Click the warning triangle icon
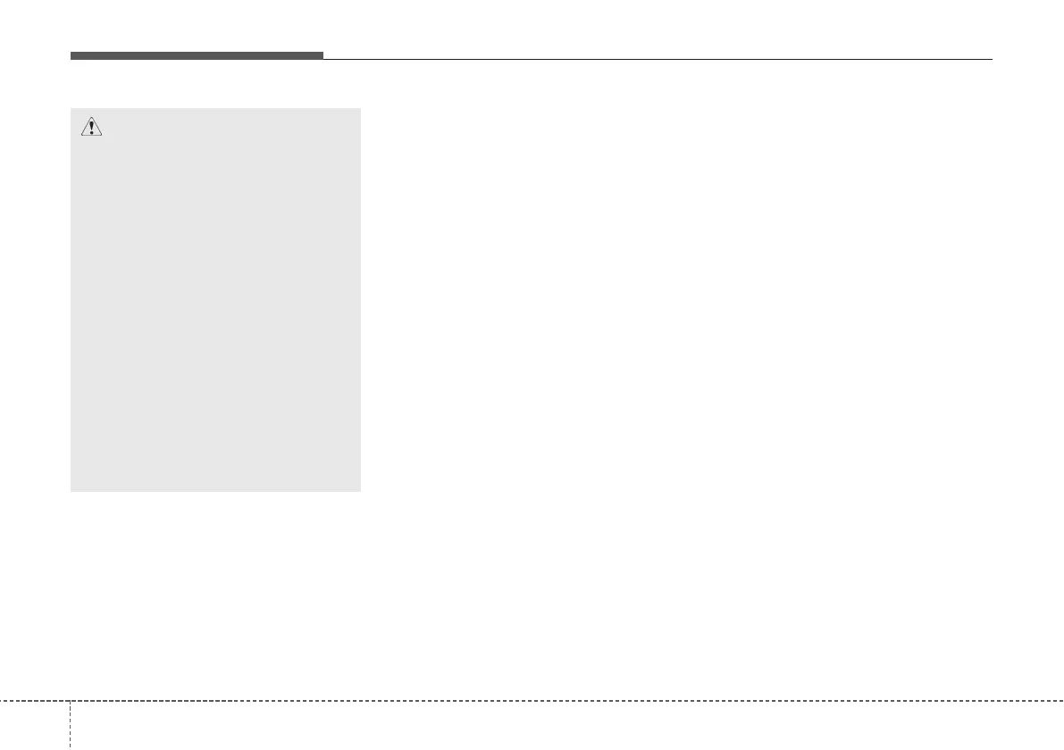pos(91,128)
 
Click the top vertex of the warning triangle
pos(91,117)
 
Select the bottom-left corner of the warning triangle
pos(80,137)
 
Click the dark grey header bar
pos(197,56)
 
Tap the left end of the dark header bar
pos(71,56)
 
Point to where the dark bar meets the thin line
pos(323,58)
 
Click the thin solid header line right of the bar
pos(657,59)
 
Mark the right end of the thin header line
pos(992,59)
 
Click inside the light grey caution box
pos(215,304)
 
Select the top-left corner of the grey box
pos(71,109)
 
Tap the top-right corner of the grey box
pos(360,109)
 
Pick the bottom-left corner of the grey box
pos(71,490)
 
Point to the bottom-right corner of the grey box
pos(360,490)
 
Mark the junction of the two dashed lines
pos(70,699)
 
